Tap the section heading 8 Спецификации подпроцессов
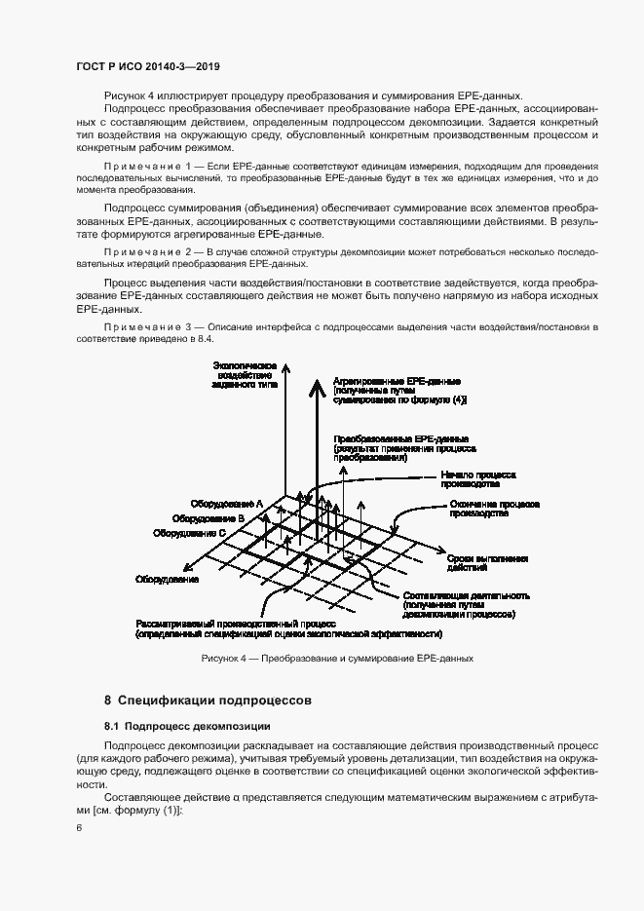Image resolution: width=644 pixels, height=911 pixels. pyautogui.click(x=207, y=700)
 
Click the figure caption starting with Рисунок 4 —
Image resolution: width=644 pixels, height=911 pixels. pyautogui.click(x=336, y=659)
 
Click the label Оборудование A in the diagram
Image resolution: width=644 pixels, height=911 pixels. pyautogui.click(x=226, y=504)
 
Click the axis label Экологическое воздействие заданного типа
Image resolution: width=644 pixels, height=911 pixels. pyautogui.click(x=244, y=375)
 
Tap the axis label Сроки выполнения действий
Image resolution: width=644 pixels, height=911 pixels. pyautogui.click(x=487, y=562)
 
